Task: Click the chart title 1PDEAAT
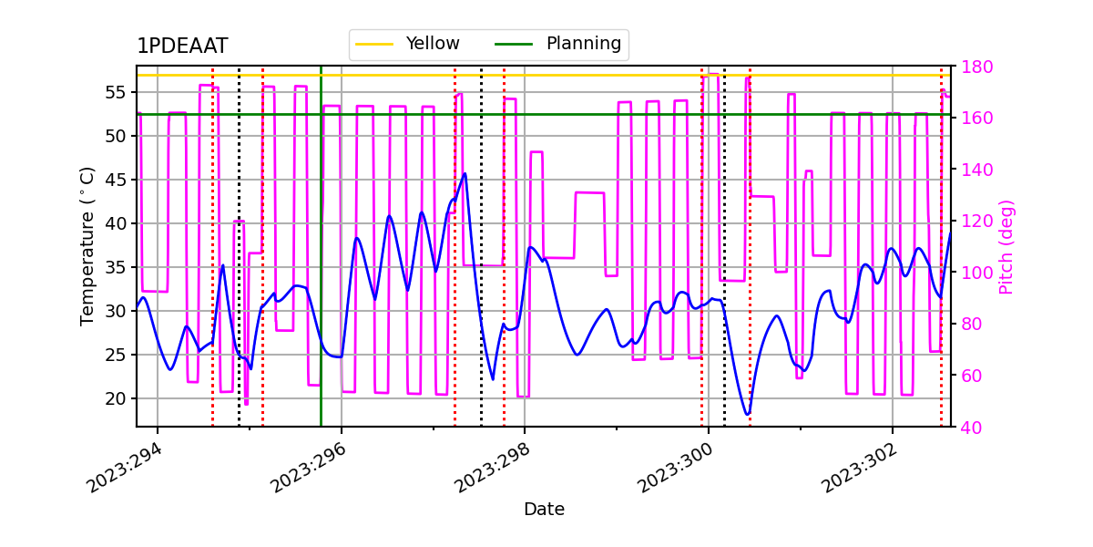pos(182,46)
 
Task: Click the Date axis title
pos(544,510)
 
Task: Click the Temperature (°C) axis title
pos(87,246)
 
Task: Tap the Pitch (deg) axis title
pos(1006,246)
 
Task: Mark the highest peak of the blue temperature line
pos(465,173)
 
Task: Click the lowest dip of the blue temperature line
pos(747,415)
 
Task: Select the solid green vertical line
pos(321,273)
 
